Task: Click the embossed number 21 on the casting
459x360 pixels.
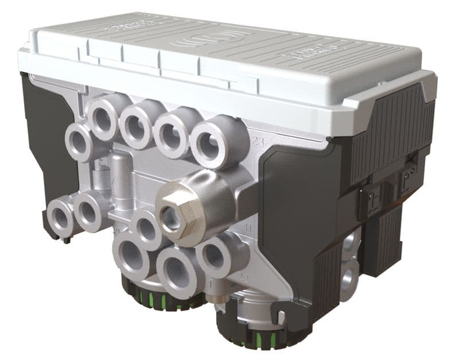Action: tap(116, 231)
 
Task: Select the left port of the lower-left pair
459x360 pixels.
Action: tap(60, 216)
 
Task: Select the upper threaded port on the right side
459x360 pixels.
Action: tap(352, 241)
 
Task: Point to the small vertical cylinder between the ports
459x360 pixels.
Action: tap(120, 172)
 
